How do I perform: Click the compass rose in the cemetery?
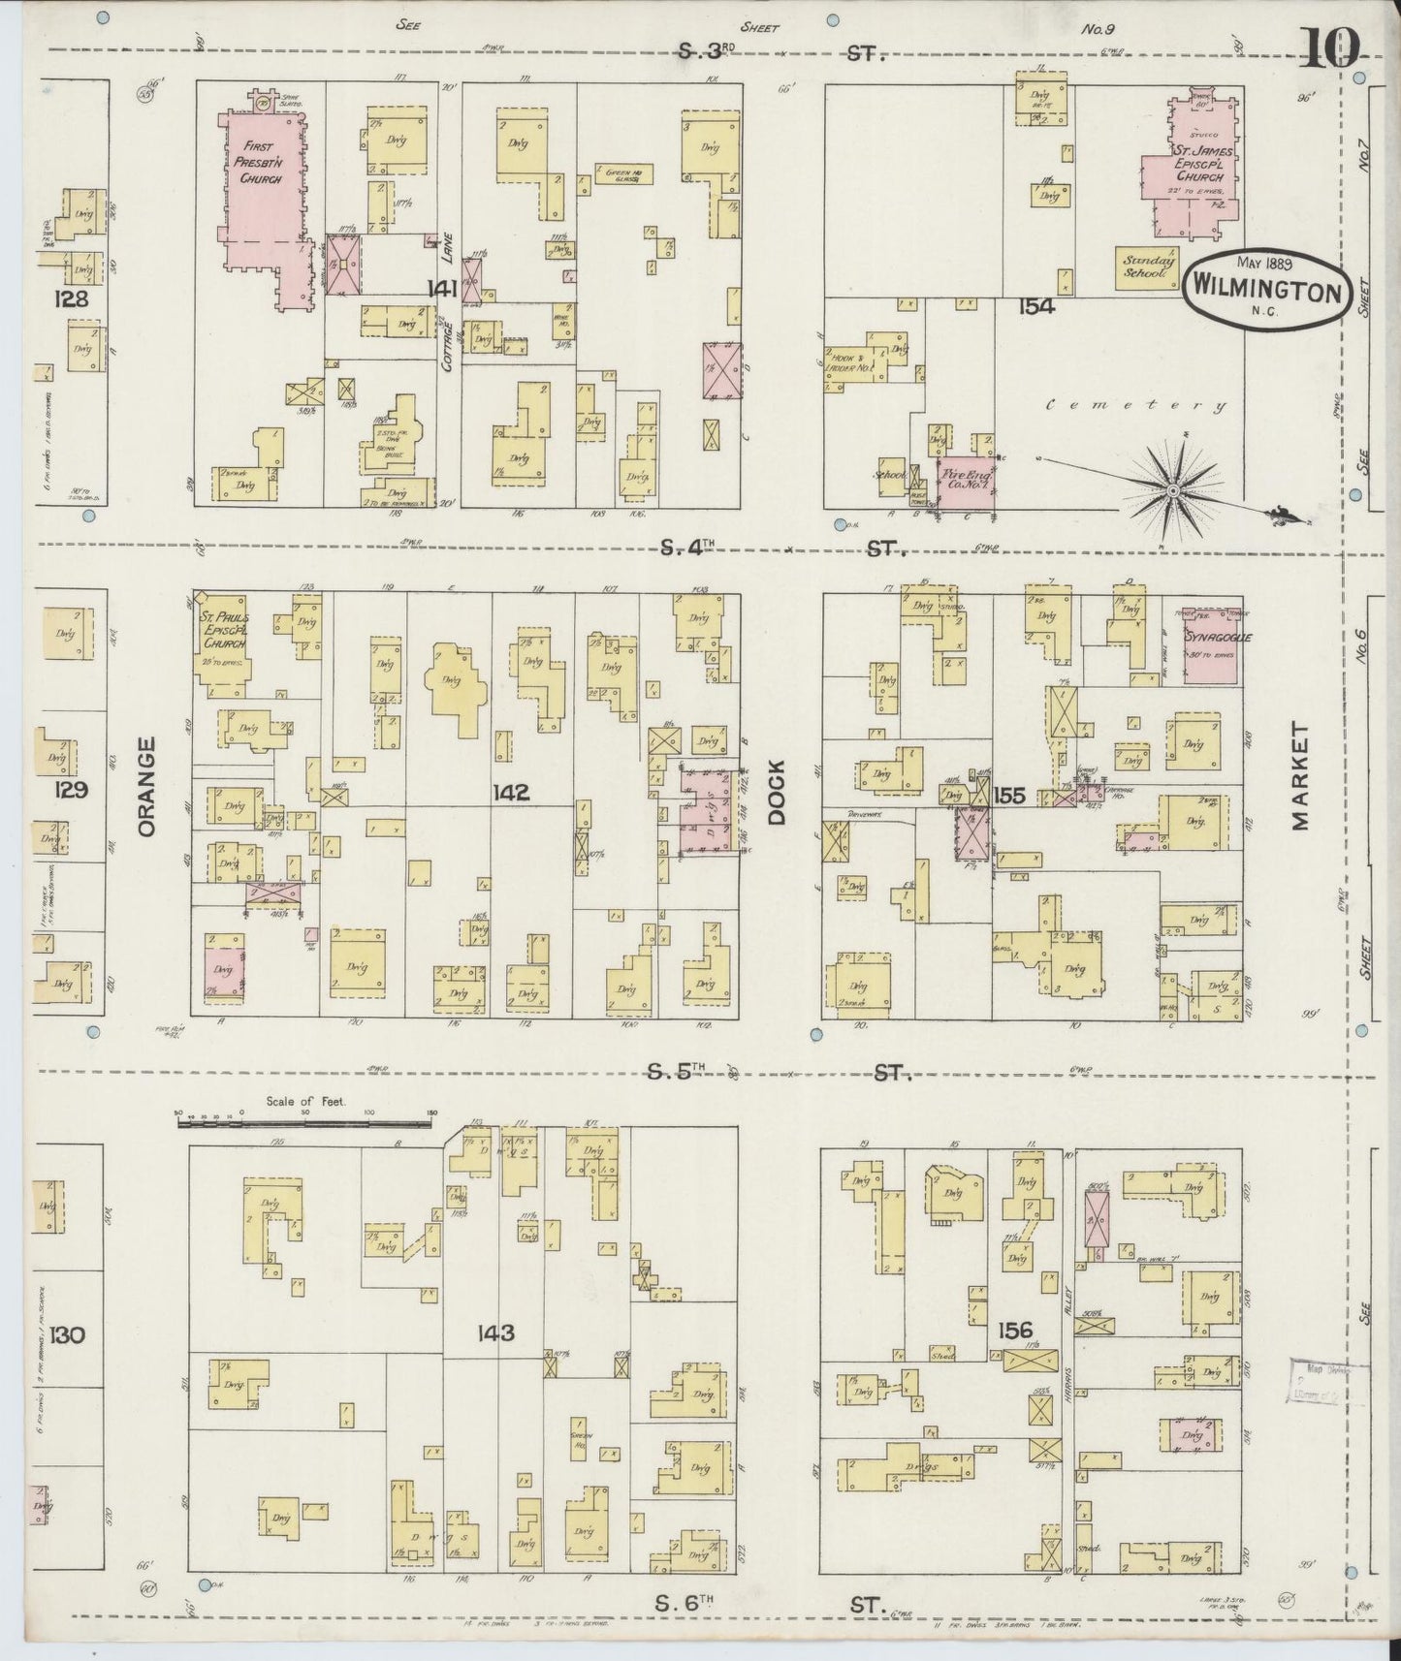[x=1172, y=491]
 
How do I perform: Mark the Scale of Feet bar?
[x=304, y=1123]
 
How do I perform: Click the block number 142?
[x=510, y=793]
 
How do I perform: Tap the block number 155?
[x=1009, y=796]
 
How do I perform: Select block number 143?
[x=494, y=1332]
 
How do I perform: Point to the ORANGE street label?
[x=146, y=785]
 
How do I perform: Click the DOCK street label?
[x=777, y=791]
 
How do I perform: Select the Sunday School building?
[x=1148, y=268]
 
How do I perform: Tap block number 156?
[x=1013, y=1330]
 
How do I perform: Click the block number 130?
[x=72, y=1334]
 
